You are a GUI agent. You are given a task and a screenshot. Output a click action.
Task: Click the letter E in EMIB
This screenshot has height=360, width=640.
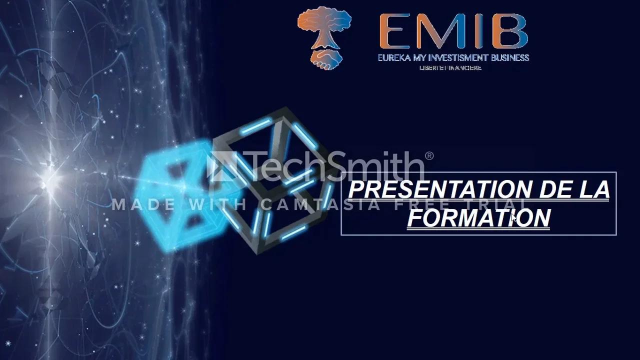click(x=395, y=31)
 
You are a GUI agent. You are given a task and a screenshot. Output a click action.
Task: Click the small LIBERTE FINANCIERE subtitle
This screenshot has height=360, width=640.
click(x=450, y=68)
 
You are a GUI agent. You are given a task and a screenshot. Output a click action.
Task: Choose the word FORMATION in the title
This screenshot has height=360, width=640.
click(x=478, y=218)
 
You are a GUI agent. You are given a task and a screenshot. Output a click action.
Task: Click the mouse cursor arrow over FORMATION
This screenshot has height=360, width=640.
click(x=513, y=217)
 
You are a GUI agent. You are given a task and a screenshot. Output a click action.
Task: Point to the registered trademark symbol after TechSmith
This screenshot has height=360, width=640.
click(x=429, y=156)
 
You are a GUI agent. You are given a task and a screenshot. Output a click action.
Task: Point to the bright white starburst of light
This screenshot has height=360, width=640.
click(x=50, y=177)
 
